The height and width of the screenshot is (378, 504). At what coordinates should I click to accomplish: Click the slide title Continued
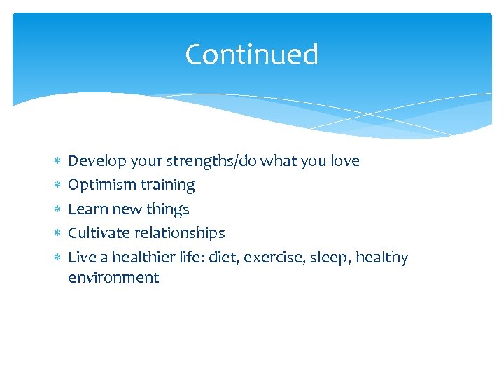(x=251, y=55)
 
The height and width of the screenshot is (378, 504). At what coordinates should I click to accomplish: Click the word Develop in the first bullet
(x=92, y=161)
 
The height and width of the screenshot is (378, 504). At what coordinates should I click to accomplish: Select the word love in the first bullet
(x=344, y=161)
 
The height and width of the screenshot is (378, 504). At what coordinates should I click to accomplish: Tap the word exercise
(x=267, y=258)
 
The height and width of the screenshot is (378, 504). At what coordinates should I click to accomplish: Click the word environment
(x=113, y=278)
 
